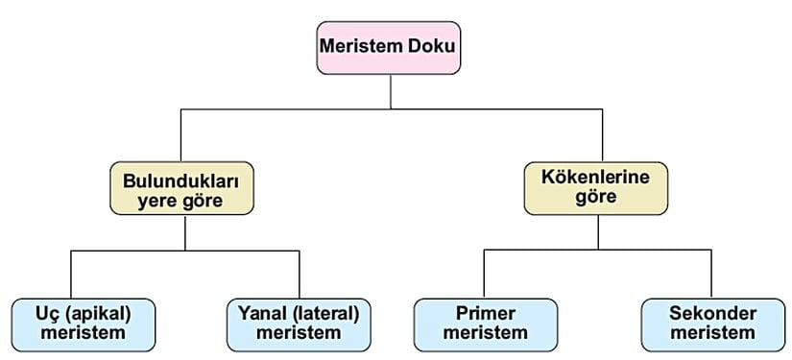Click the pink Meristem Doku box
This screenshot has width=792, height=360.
coord(390,46)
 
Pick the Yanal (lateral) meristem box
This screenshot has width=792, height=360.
coord(299,324)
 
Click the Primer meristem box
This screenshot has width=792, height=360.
coord(485,324)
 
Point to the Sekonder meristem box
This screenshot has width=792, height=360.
coord(713,324)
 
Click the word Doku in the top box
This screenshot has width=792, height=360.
coord(429,46)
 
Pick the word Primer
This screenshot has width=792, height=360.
coord(485,314)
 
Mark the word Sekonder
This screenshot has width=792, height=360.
coord(713,314)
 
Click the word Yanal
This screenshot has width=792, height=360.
coord(260,314)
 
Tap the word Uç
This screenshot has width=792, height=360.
coord(46,314)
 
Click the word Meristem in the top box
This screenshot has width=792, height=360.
coord(369,46)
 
